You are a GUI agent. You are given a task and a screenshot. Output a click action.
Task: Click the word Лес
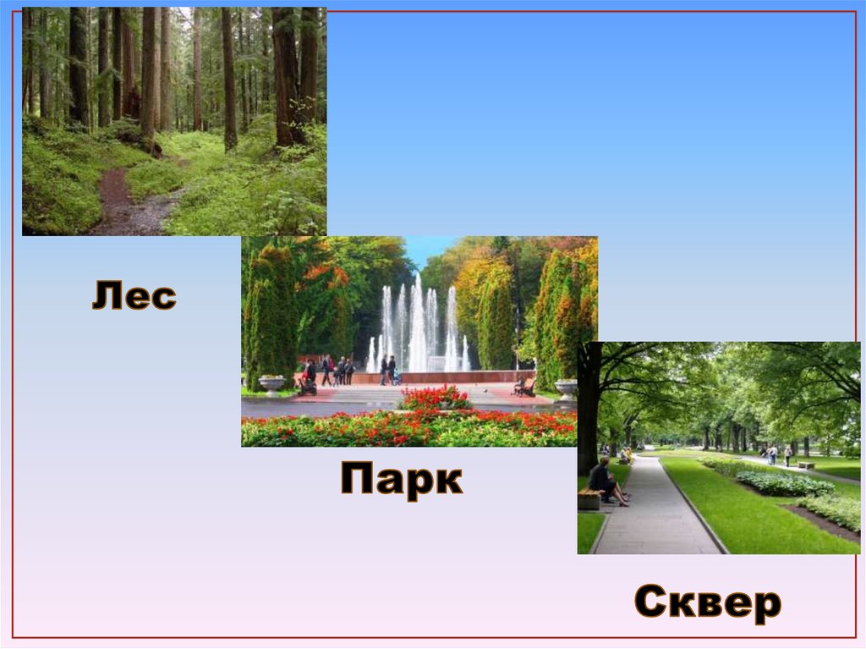pos(134,296)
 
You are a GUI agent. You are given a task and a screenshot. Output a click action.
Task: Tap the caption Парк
pos(401,480)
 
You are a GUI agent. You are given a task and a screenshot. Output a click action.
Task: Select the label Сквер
pos(707,603)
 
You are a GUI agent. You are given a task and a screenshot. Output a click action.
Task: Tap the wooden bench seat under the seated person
pos(589,497)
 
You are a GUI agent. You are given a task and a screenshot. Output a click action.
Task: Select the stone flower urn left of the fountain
pos(272,384)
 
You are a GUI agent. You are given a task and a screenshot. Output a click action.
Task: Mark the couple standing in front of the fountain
pos(387,370)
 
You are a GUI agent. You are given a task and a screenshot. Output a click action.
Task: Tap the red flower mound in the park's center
pos(435,398)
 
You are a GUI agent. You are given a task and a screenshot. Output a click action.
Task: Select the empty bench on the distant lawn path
pos(805,465)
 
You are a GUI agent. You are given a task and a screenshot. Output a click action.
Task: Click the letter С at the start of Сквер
pos(652,604)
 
